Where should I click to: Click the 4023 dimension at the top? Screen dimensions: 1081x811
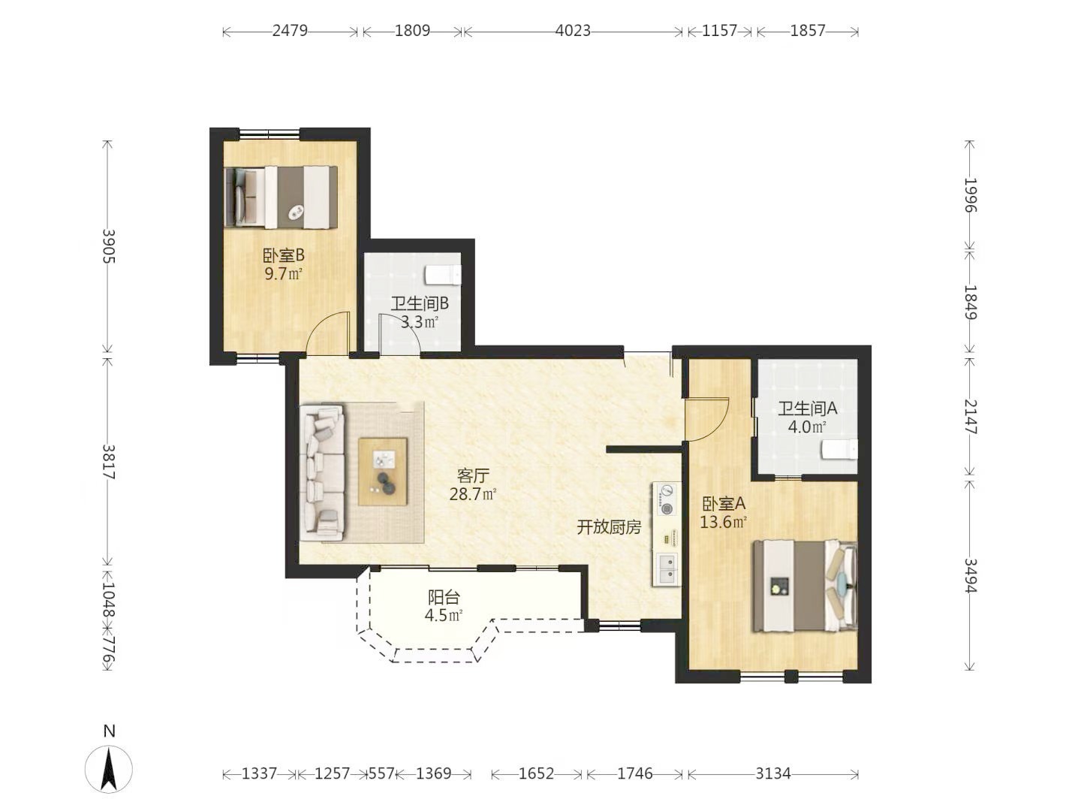pos(572,31)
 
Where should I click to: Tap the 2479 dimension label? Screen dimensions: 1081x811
pos(290,31)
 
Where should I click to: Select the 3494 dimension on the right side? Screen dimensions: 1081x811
pos(970,575)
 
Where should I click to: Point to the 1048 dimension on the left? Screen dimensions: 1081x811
pos(108,599)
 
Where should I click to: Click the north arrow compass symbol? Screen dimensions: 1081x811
pos(109,769)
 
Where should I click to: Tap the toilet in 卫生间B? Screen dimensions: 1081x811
pos(443,275)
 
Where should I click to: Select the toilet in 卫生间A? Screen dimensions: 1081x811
pos(839,450)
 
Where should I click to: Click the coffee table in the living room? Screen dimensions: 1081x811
pos(383,472)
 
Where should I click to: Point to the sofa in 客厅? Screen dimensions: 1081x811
pos(322,472)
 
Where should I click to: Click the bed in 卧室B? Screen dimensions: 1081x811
pos(282,197)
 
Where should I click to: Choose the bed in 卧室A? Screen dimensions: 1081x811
pos(805,586)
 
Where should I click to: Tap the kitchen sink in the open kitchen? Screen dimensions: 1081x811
pos(667,568)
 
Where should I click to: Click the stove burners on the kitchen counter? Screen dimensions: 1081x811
pos(667,499)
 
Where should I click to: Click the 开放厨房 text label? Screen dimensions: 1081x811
pos(610,527)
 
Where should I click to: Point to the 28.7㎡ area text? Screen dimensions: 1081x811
pos(473,494)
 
